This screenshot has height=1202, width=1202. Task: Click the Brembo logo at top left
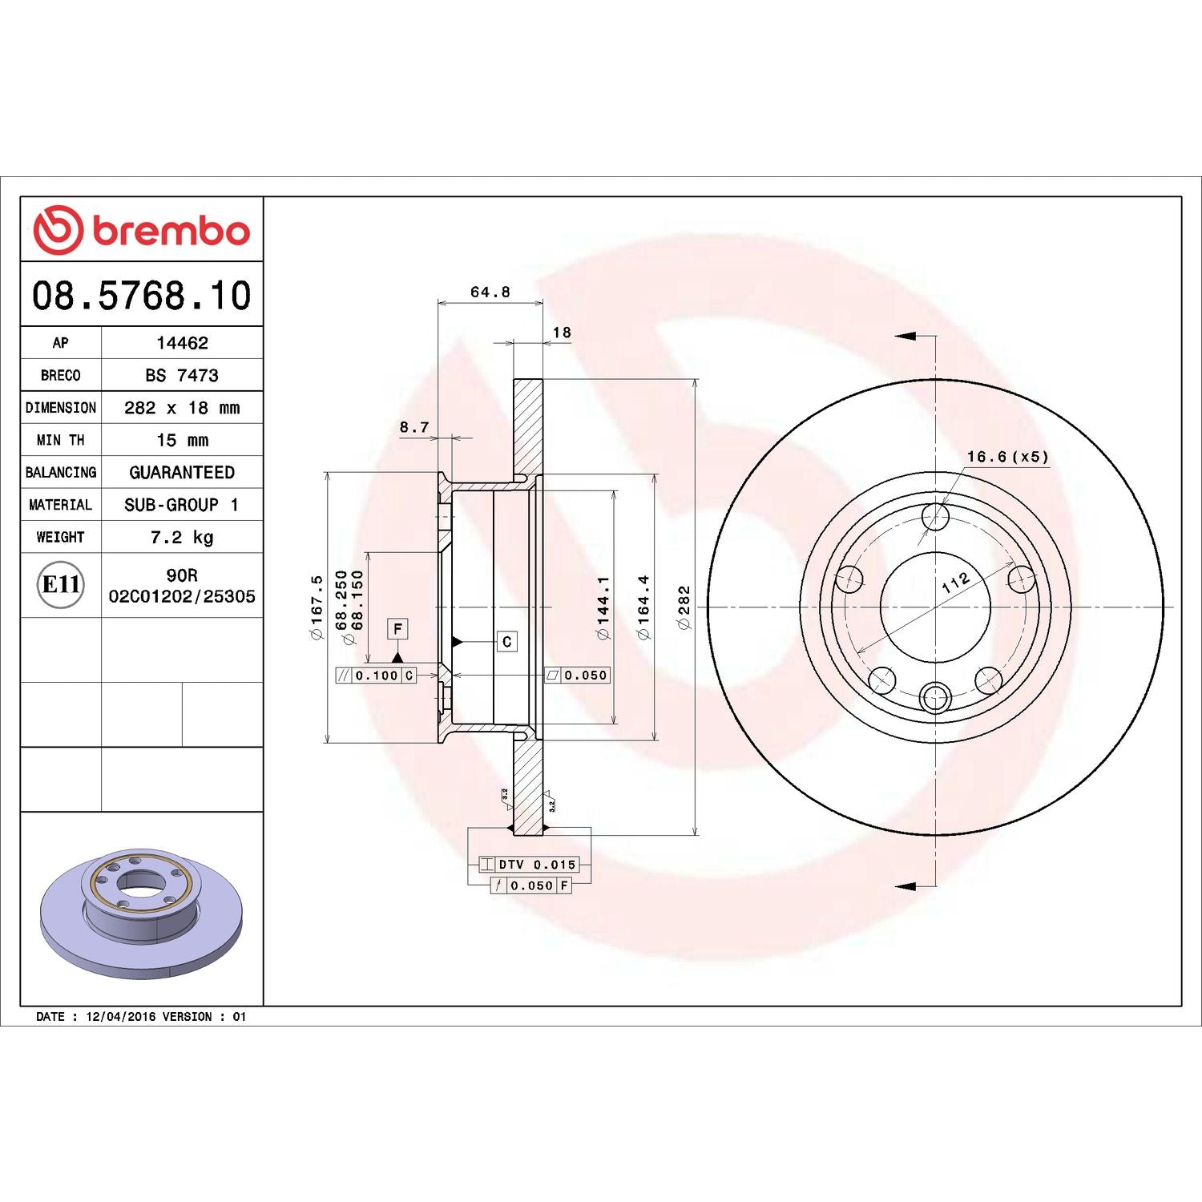(x=141, y=230)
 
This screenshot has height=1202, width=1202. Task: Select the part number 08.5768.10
(x=141, y=296)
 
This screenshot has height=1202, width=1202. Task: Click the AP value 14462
(x=182, y=343)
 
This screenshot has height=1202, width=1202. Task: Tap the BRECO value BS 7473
(x=182, y=375)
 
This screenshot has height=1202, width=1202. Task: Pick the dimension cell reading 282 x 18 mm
(x=182, y=408)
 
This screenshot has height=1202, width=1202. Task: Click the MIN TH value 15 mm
(x=182, y=440)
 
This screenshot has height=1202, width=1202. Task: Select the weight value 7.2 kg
(x=182, y=537)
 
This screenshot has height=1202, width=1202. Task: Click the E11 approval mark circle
(x=61, y=585)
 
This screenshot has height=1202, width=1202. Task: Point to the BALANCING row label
(x=61, y=473)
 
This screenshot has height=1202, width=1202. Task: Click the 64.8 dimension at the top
(x=490, y=292)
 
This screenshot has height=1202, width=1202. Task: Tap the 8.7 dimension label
(x=414, y=427)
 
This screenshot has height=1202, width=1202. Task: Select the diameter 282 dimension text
(x=684, y=607)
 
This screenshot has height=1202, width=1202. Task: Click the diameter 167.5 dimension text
(x=317, y=607)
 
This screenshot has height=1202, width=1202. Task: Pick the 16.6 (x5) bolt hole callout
(x=1006, y=457)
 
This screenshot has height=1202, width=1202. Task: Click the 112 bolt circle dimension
(x=955, y=583)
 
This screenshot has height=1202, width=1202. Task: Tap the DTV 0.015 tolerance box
(x=529, y=865)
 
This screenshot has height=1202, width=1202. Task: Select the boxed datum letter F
(x=397, y=629)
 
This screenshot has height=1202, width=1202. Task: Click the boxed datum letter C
(x=506, y=642)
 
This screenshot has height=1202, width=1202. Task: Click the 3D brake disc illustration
(x=141, y=914)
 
